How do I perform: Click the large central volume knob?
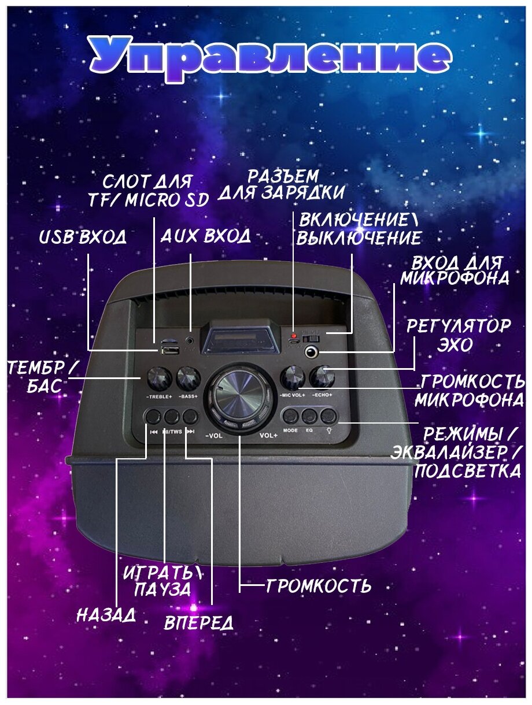click(x=239, y=397)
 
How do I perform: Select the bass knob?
click(x=189, y=378)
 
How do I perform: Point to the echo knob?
click(x=321, y=377)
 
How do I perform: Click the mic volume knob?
click(x=292, y=378)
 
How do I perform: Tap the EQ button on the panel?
click(x=309, y=415)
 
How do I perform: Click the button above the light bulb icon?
click(x=328, y=415)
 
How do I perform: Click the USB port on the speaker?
click(x=169, y=349)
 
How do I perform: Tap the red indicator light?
click(x=294, y=336)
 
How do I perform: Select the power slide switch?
click(x=313, y=336)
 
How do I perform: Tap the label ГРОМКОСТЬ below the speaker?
click(x=318, y=587)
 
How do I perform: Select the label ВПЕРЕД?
click(x=199, y=622)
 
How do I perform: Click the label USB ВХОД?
click(x=82, y=238)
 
